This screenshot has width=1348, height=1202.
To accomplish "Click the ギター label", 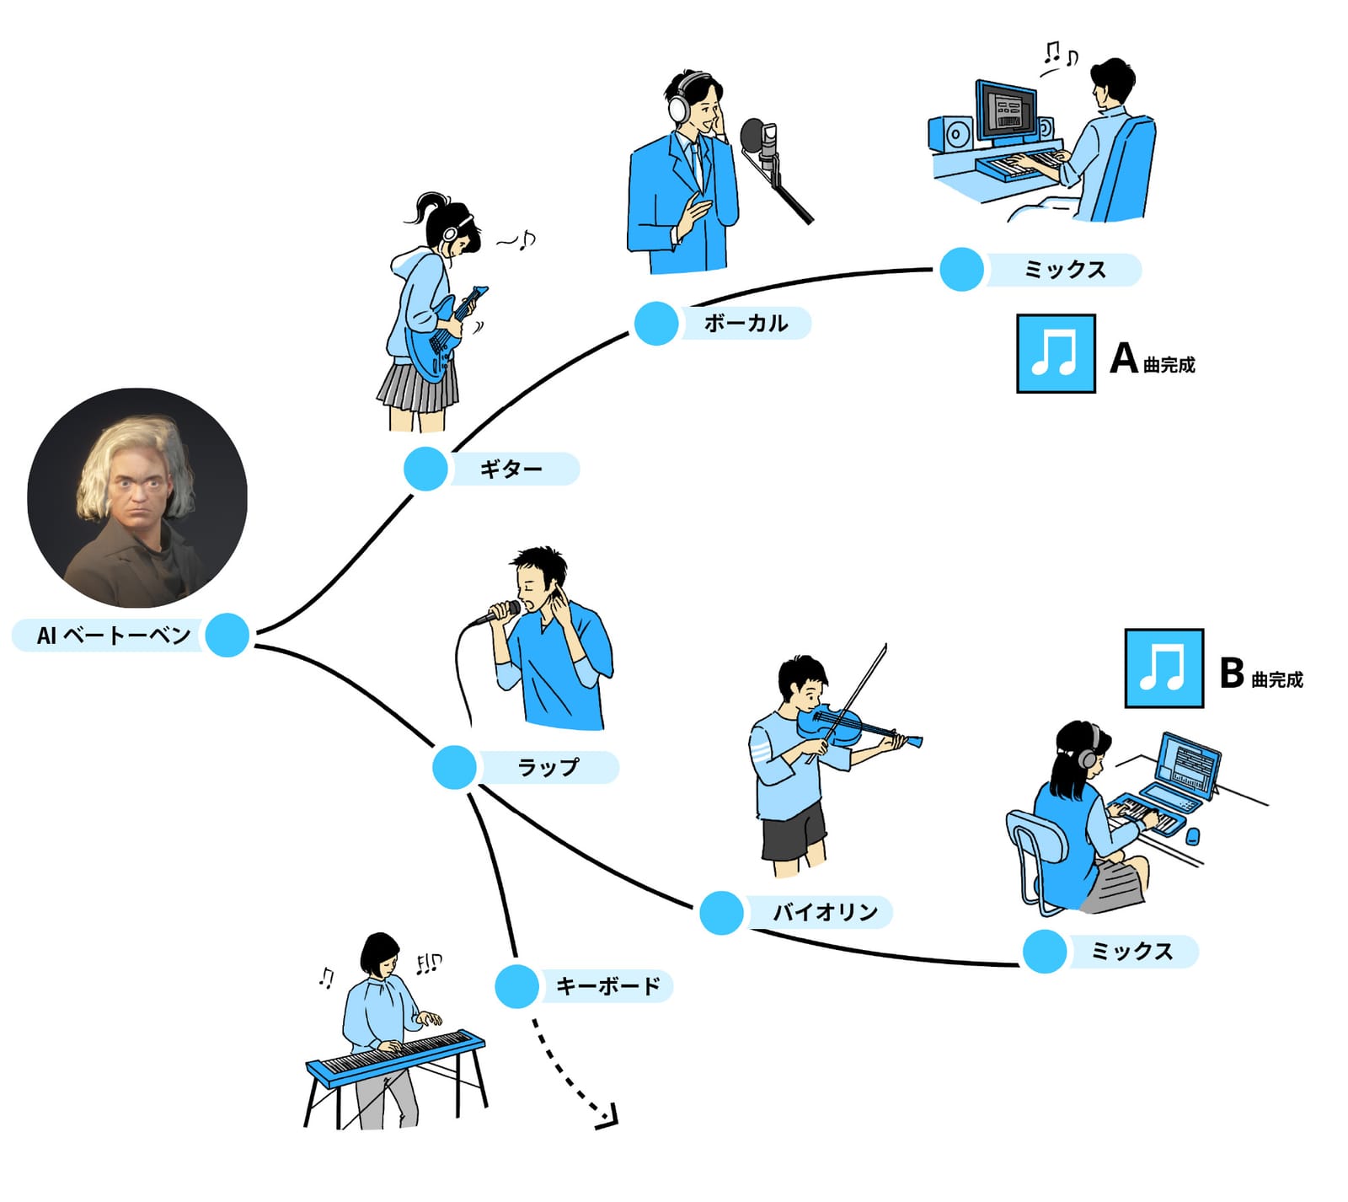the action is click(511, 469).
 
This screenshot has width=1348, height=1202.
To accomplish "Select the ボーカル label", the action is click(746, 323).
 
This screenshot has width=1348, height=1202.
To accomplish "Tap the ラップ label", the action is click(548, 767).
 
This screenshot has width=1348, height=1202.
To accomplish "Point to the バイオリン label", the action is click(826, 911).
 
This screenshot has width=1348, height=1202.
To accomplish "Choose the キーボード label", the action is click(608, 985).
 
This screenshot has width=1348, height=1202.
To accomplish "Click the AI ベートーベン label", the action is click(114, 635).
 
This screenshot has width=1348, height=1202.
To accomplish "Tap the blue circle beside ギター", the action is click(425, 469).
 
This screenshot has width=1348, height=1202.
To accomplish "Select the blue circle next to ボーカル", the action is click(656, 323).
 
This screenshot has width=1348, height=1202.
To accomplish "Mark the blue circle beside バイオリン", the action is click(721, 912).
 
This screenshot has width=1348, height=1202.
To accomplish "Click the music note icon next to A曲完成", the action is click(1056, 353).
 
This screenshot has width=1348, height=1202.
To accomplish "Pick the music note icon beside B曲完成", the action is click(1163, 668).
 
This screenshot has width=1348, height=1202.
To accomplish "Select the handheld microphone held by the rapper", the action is click(496, 613).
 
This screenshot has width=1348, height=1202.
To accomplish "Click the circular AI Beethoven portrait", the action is click(137, 497).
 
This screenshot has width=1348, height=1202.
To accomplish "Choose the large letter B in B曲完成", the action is click(1231, 673).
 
